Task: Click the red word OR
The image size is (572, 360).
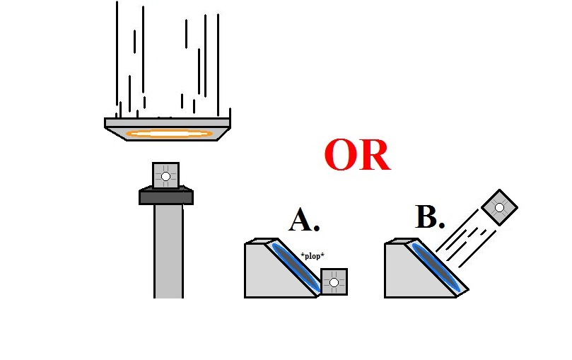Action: click(357, 156)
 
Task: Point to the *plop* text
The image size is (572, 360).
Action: click(312, 255)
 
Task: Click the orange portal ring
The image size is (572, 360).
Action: click(169, 133)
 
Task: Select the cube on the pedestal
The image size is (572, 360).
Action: click(165, 175)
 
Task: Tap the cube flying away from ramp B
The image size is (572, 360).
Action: click(499, 207)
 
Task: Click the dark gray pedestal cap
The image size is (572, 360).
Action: click(166, 197)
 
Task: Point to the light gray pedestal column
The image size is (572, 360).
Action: click(168, 251)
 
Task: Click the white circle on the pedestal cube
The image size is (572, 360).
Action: click(165, 176)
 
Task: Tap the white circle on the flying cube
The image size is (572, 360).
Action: click(499, 207)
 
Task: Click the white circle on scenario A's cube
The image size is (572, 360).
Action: click(334, 282)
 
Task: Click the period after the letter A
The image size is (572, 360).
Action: click(317, 229)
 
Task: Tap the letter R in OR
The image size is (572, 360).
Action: click(375, 156)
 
